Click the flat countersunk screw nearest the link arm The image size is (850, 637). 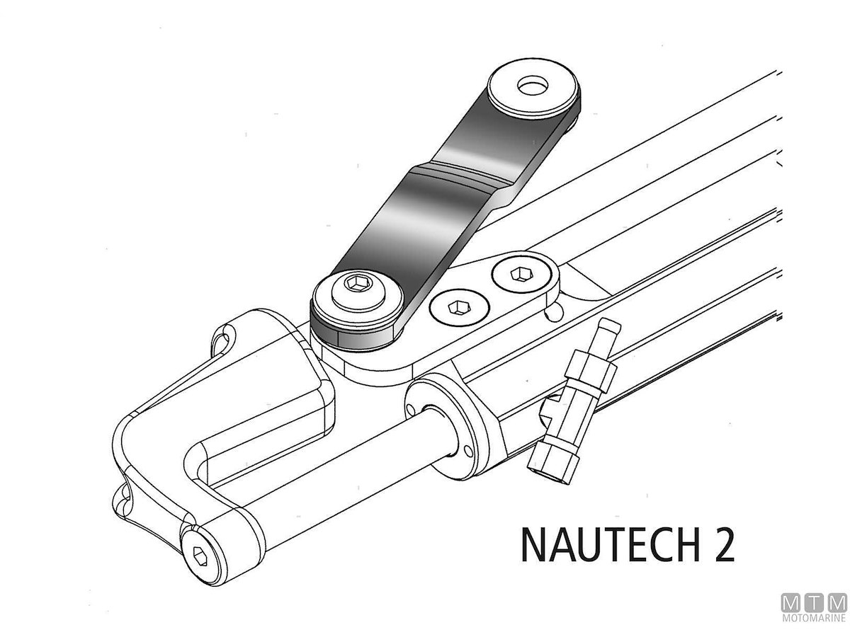460,308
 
